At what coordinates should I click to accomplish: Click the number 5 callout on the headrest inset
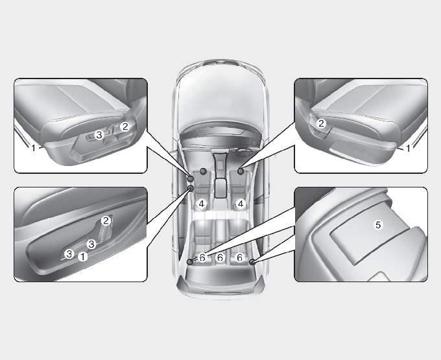[x=378, y=224]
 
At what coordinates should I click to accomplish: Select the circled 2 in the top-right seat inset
[x=321, y=123]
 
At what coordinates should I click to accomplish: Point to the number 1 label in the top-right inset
[x=408, y=148]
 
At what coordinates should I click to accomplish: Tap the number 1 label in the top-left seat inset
[x=33, y=147]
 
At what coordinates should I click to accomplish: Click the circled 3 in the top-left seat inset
[x=99, y=135]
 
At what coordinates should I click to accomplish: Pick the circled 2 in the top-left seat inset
[x=125, y=126]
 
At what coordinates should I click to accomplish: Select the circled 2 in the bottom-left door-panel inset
[x=106, y=221]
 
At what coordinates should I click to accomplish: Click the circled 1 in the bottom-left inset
[x=83, y=256]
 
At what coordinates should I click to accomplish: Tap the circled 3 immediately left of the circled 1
[x=69, y=254]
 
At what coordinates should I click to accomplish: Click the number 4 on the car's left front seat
[x=202, y=204]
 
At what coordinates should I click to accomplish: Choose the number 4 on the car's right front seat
[x=240, y=204]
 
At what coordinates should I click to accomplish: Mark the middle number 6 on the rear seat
[x=220, y=258]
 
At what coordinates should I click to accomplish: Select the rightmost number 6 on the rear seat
[x=239, y=258]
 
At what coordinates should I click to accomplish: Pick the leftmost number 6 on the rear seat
[x=202, y=258]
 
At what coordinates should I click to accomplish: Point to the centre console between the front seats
[x=220, y=174]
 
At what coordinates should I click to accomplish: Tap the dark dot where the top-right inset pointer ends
[x=241, y=171]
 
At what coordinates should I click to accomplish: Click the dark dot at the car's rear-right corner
[x=252, y=262]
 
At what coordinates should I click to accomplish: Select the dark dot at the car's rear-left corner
[x=190, y=262]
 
